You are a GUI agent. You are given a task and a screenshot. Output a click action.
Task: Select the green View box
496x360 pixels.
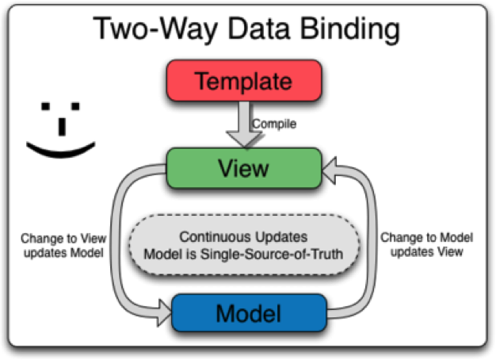[242, 169]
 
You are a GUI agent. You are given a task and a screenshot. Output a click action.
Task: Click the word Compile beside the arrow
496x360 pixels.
[274, 124]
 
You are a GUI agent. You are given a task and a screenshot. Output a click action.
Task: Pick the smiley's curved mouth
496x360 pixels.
[60, 147]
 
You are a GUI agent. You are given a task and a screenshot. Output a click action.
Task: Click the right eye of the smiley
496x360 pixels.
[76, 105]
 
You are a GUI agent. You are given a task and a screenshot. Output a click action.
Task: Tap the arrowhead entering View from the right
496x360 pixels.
[331, 169]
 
